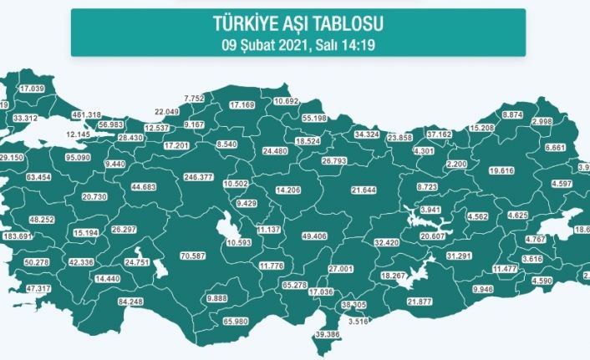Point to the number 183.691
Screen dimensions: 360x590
point(17,236)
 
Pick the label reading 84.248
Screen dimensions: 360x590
point(132,302)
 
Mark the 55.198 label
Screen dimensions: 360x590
point(318,119)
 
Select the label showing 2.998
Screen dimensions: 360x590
point(542,122)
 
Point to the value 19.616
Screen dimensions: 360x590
point(501,170)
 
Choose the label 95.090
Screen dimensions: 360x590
point(78,156)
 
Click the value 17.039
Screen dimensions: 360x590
point(32,89)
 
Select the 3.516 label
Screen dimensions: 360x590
point(357,321)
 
